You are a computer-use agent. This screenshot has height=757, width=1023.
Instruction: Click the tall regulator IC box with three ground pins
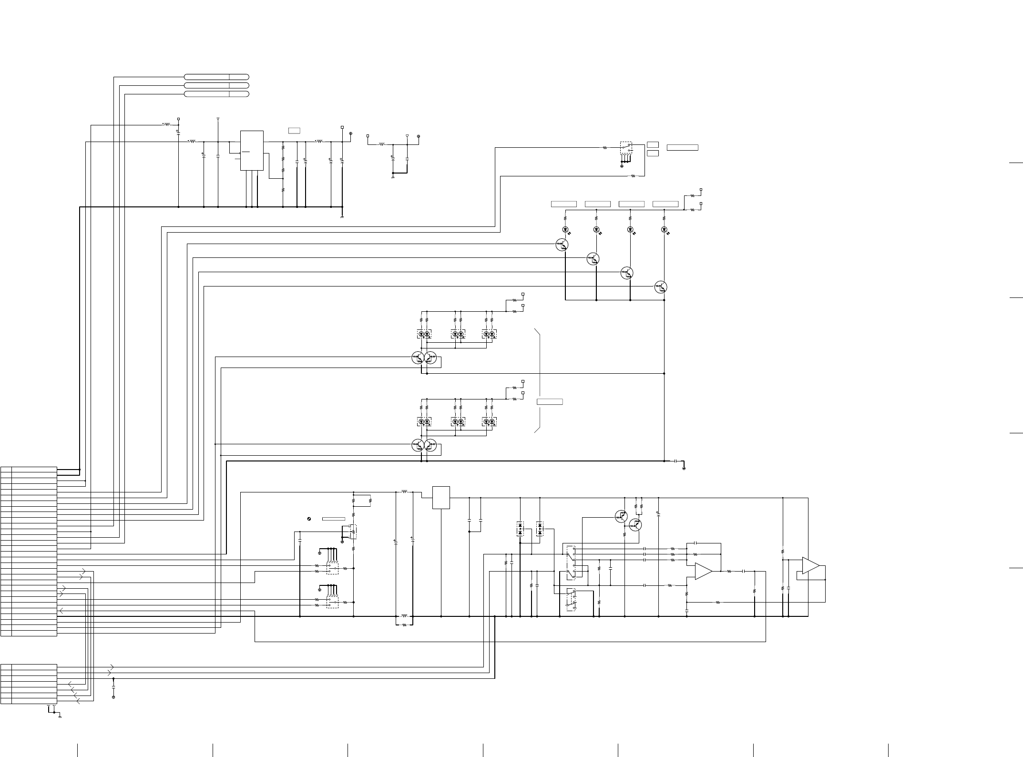pos(252,150)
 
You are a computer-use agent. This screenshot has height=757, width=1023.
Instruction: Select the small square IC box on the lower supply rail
pos(441,498)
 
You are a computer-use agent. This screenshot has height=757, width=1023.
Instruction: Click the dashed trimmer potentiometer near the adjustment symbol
pos(353,531)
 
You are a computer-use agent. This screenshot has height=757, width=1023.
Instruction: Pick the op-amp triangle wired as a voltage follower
pos(810,565)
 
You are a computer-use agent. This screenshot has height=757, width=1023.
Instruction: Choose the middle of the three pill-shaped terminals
pos(216,85)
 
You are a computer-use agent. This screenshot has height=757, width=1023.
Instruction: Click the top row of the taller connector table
pos(29,470)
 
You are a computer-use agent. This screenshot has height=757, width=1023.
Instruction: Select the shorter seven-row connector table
pos(29,684)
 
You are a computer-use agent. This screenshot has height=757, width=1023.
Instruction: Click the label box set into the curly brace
pos(550,401)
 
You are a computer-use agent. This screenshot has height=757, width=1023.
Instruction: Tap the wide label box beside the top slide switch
pos(682,147)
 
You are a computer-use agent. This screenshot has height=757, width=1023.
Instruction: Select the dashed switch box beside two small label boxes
pos(626,148)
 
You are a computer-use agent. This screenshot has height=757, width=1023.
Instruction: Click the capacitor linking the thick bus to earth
pos(676,461)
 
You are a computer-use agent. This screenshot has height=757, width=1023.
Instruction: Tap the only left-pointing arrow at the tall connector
pos(61,610)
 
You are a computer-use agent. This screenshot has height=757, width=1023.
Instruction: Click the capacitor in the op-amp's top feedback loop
pos(696,543)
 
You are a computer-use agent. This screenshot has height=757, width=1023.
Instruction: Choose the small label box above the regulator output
pos(294,130)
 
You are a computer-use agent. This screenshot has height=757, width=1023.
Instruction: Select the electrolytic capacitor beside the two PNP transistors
pos(658,514)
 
